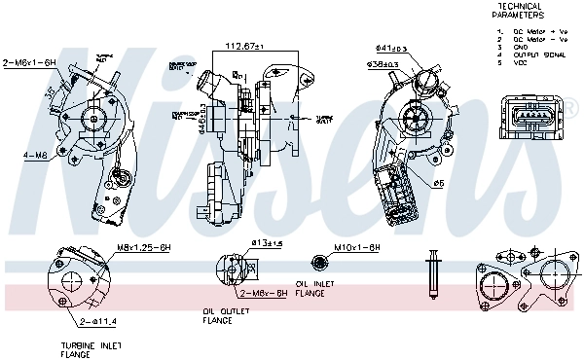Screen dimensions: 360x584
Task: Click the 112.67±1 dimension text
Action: [245, 46]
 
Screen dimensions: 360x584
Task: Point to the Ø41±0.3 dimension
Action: [391, 48]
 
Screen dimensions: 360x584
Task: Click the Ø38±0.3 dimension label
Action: [383, 65]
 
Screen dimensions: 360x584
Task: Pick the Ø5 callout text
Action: [439, 182]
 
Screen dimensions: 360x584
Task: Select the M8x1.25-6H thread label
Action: [143, 248]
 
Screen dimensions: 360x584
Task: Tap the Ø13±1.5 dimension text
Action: [266, 243]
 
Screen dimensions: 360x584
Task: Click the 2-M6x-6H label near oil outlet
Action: [263, 292]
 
